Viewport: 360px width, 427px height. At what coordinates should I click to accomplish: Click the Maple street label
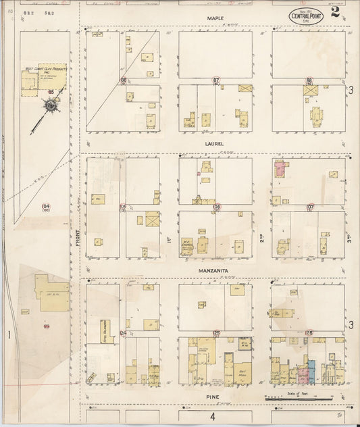215,18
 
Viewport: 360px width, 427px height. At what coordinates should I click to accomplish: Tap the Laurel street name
215,144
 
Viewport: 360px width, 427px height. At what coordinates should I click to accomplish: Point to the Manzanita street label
215,271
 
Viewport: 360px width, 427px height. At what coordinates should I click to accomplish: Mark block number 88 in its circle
309,80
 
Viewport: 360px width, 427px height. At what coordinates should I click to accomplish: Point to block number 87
216,80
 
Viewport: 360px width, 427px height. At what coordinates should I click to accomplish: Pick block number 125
217,333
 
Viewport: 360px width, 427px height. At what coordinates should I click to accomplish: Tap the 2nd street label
263,238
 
